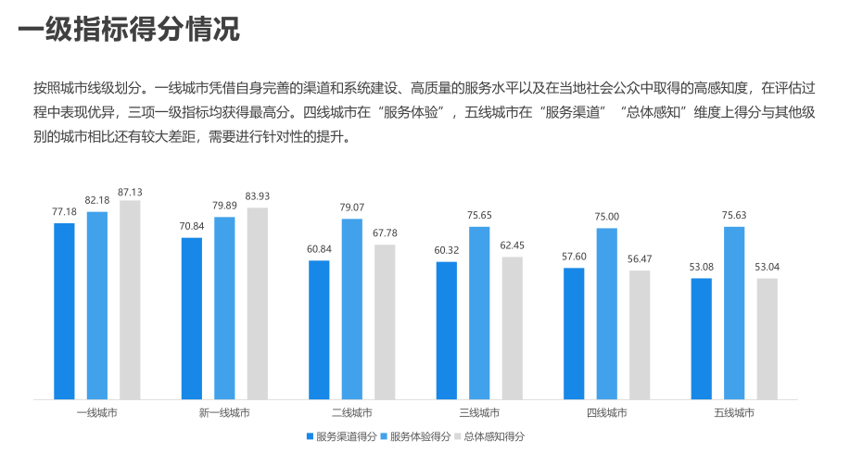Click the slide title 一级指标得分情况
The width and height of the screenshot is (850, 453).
(129, 30)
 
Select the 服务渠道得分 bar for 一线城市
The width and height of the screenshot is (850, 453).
(64, 310)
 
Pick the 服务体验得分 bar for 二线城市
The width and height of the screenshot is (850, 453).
(352, 308)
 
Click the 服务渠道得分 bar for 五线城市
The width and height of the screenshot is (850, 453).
(702, 338)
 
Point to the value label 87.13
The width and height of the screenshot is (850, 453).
(130, 192)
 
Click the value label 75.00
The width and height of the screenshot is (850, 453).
(607, 218)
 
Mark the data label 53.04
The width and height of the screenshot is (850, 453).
(768, 268)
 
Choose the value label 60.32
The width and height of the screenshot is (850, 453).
(447, 251)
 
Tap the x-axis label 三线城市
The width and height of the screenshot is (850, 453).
(479, 412)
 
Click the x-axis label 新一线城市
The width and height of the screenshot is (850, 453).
(224, 412)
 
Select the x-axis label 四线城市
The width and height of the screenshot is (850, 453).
(607, 412)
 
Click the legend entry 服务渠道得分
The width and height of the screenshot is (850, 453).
(341, 436)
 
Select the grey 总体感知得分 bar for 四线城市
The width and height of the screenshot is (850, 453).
(640, 334)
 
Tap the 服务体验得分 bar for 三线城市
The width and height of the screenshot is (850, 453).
(479, 313)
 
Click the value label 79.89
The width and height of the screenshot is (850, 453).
(224, 207)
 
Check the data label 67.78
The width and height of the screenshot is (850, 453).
(385, 233)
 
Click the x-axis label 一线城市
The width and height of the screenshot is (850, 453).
(96, 412)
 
